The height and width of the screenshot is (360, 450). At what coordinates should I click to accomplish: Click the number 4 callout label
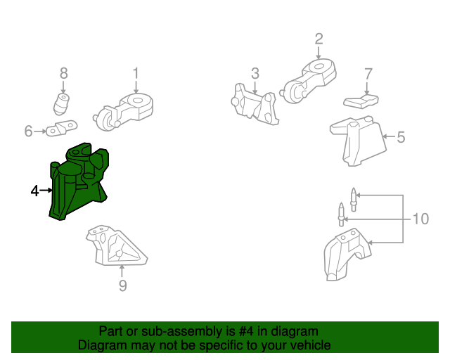[x=34, y=191]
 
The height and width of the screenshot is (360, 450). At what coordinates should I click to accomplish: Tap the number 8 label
[x=64, y=73]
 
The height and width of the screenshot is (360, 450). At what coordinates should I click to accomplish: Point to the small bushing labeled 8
[x=61, y=103]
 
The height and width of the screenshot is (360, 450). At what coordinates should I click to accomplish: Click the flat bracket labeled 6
[x=61, y=128]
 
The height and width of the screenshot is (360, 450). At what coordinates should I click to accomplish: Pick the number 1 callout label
[x=136, y=73]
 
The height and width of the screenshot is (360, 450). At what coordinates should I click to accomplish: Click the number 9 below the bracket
[x=122, y=285]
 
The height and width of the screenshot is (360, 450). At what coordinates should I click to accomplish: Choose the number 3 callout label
[x=255, y=74]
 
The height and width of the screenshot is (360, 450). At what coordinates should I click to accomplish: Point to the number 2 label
[x=319, y=39]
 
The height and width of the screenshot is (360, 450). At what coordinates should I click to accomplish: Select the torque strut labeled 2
[x=308, y=81]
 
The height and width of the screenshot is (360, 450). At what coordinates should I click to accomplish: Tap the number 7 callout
[x=368, y=74]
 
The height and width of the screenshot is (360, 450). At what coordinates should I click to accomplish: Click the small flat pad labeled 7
[x=361, y=101]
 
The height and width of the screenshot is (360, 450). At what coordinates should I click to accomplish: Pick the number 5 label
[x=401, y=137]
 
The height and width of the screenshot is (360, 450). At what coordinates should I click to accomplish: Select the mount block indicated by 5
[x=358, y=141]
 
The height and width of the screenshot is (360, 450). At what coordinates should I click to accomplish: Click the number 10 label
[x=420, y=219]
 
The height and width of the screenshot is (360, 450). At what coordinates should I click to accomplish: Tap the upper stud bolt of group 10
[x=354, y=200]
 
